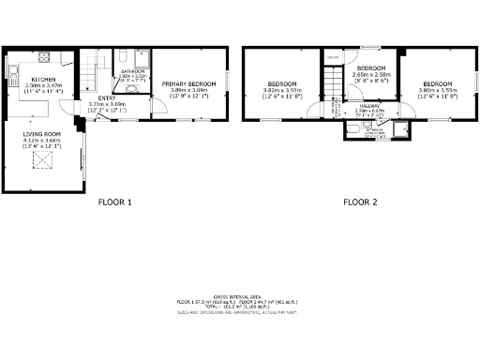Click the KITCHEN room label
(x=43, y=79)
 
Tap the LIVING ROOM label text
(x=41, y=135)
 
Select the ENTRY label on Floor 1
(x=107, y=97)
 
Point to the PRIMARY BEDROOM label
(x=189, y=84)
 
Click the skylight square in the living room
(x=41, y=161)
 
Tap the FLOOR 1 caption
(x=115, y=202)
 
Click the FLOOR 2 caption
(x=359, y=202)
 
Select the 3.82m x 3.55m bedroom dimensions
(x=281, y=91)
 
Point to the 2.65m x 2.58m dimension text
(x=371, y=75)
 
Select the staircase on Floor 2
(x=332, y=89)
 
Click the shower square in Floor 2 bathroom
(x=401, y=130)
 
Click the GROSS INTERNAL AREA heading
(x=240, y=295)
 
